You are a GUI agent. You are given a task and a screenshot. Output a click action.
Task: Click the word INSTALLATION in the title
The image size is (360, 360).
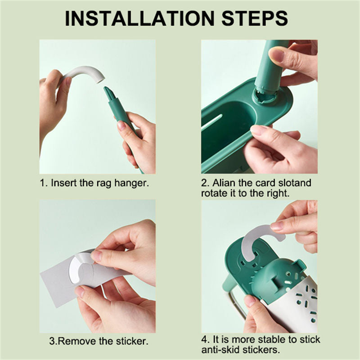pos(139,18)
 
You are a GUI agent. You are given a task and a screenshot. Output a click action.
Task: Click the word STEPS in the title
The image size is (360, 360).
pos(255,18)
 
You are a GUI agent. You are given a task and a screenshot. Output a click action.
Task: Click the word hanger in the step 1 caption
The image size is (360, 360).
pos(131,183)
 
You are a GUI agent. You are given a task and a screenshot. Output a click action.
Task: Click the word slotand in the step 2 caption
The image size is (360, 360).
pos(295,183)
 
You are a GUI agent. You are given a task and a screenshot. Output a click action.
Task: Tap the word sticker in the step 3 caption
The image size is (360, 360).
pos(131,341)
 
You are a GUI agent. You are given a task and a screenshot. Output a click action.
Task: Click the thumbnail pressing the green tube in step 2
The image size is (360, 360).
pos(277,55)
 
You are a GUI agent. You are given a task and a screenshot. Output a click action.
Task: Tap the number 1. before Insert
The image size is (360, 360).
pos(44,183)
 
